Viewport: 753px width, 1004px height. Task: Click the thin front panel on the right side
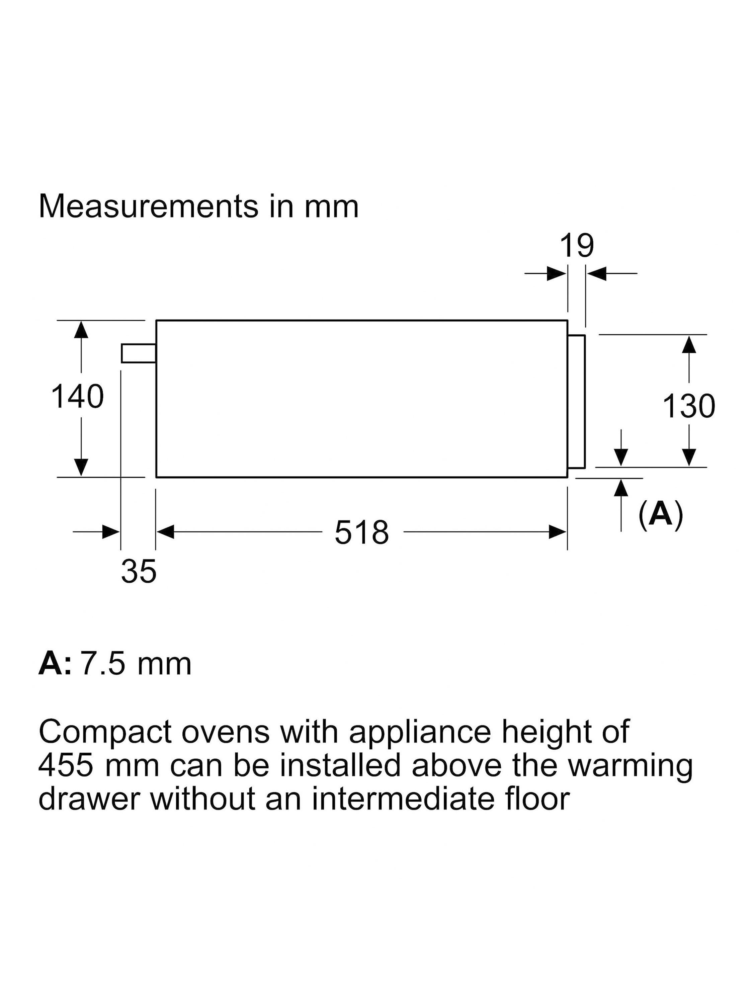point(576,402)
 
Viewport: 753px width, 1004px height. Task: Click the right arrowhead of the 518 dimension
point(558,532)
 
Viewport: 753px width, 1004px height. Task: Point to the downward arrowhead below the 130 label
point(689,457)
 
